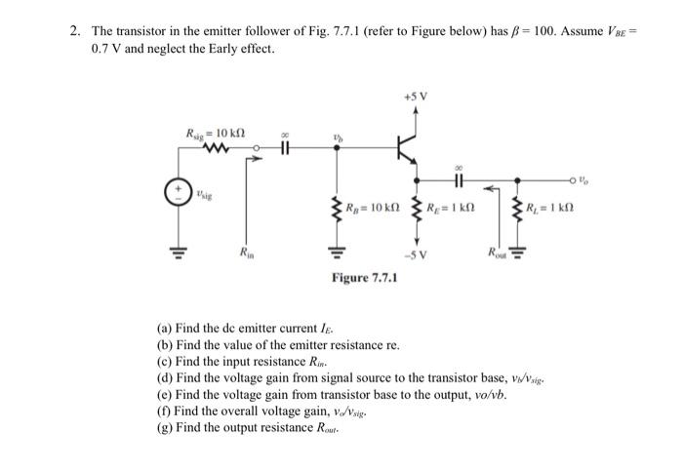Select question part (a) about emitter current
pyautogui.click(x=238, y=331)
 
